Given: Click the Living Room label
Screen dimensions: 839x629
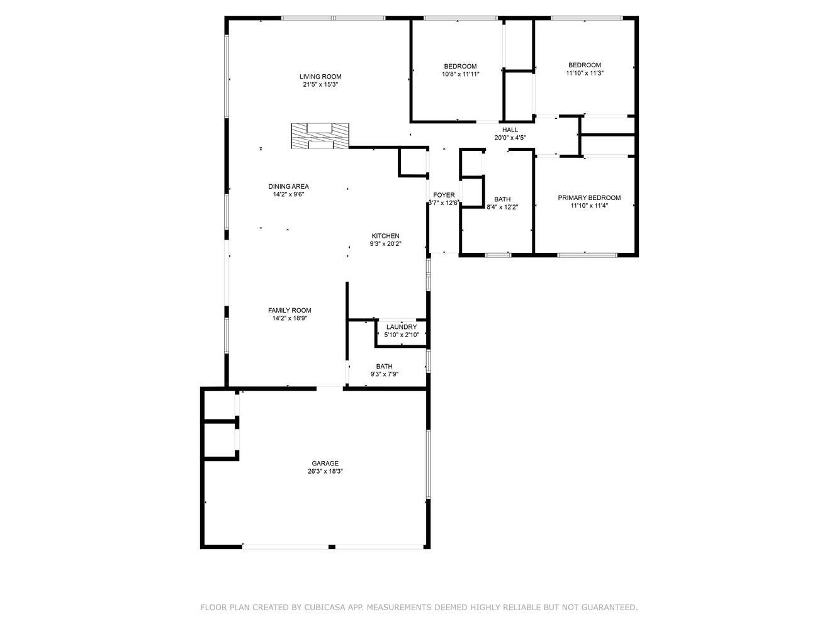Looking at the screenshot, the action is [320, 76].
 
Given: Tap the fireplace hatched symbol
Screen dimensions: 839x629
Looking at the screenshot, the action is [320, 136].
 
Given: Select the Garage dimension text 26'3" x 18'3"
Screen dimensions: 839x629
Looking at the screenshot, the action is [325, 471].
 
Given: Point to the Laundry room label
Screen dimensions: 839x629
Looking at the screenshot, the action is [402, 327].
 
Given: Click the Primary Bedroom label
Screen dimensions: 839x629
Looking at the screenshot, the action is [589, 198].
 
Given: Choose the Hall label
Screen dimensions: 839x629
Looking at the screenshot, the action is [510, 130].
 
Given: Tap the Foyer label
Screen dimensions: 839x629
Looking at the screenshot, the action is [444, 195].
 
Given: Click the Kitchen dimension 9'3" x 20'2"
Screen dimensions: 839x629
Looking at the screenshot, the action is [385, 243].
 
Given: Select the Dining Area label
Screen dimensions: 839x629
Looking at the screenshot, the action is [289, 186].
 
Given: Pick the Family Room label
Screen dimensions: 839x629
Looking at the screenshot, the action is [290, 311].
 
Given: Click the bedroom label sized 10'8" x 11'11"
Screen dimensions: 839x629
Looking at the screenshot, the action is [460, 67].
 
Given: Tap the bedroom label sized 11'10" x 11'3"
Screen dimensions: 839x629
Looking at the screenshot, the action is [585, 65].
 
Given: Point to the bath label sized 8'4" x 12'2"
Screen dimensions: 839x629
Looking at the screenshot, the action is [502, 199].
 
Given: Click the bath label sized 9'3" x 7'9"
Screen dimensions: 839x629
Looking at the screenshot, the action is [384, 367].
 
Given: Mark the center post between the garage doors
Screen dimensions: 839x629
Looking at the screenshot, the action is [332, 547].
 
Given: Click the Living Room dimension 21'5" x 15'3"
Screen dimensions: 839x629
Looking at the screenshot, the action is [320, 84].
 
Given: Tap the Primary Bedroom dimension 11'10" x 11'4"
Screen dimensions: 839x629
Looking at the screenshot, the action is [589, 206].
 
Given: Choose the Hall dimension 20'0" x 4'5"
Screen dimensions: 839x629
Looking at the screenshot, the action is [510, 138].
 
